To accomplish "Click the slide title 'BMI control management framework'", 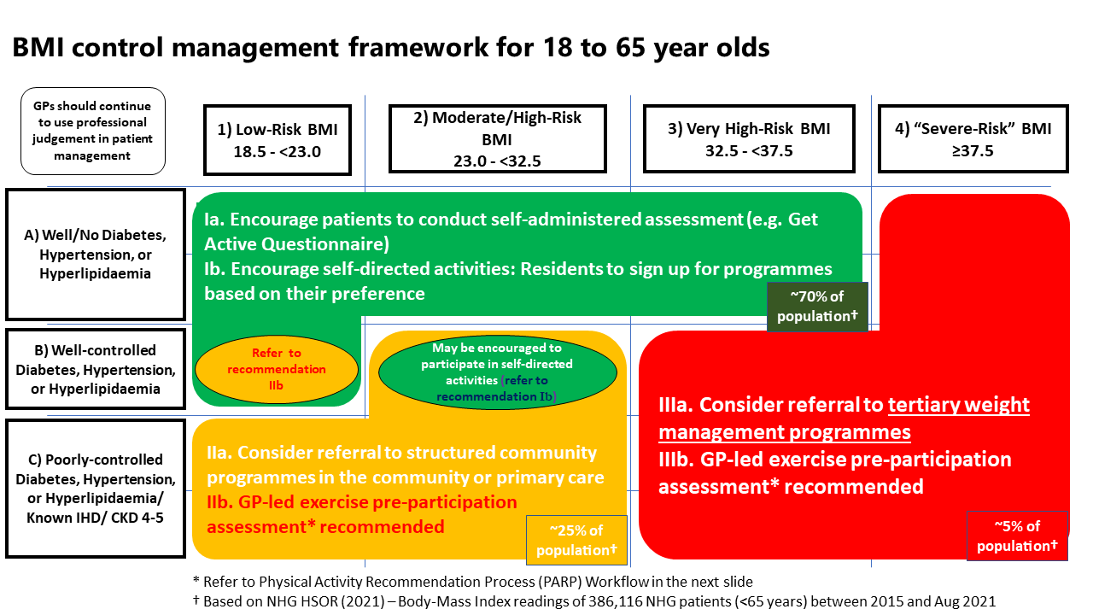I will point(390,47).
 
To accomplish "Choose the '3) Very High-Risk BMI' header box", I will point(748,138).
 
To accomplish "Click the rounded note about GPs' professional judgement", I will point(92,131).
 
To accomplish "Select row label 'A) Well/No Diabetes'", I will point(95,254).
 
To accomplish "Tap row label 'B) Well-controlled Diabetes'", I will point(95,370).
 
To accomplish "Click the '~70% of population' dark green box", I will point(817,307).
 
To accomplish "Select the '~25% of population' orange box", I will point(576,540).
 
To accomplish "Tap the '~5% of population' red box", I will point(1017,536).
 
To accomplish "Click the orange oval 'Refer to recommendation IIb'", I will point(277,369).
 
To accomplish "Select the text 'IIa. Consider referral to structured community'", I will point(401,452).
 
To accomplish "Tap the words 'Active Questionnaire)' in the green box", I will point(296,244).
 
